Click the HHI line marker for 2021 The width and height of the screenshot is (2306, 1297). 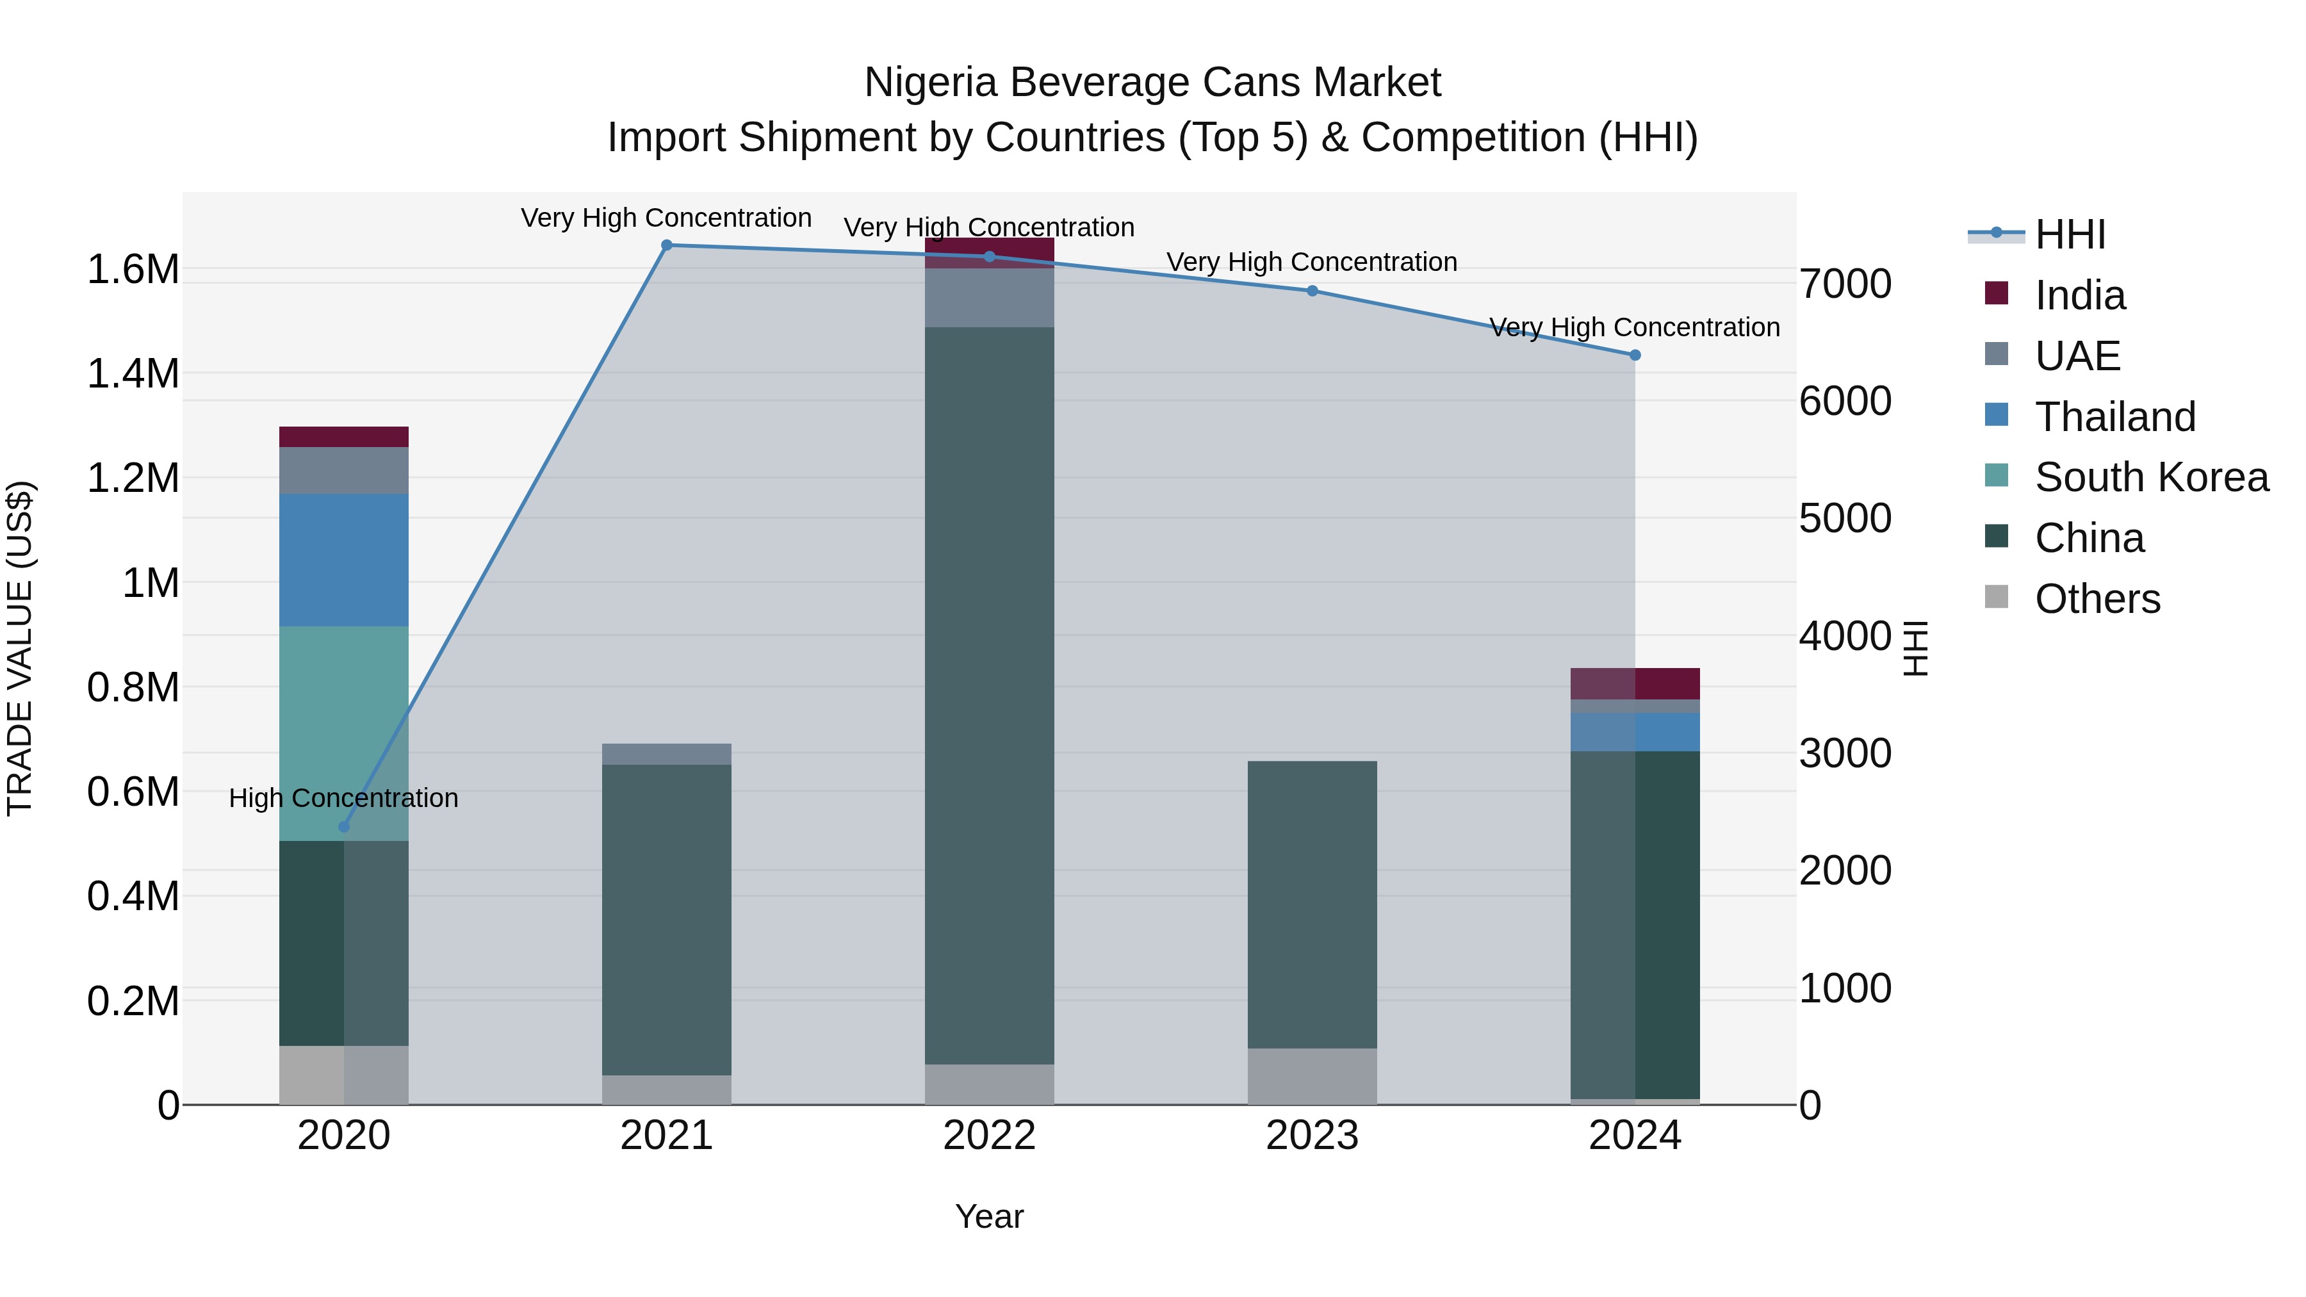click(x=666, y=245)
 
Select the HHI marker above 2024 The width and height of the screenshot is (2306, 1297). click(x=1635, y=355)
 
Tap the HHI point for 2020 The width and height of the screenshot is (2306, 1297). click(x=344, y=826)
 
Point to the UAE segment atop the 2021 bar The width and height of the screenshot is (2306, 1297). click(x=666, y=754)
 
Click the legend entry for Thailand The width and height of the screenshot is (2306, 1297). click(x=2114, y=416)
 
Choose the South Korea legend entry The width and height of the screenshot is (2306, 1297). click(x=2150, y=477)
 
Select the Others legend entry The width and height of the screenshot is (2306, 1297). click(x=2097, y=599)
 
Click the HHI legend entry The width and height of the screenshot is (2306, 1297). click(x=2069, y=234)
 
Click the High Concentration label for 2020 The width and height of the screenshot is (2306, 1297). click(x=344, y=797)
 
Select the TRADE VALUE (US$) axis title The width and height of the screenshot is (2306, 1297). click(x=20, y=648)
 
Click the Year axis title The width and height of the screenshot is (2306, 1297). click(x=989, y=1216)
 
